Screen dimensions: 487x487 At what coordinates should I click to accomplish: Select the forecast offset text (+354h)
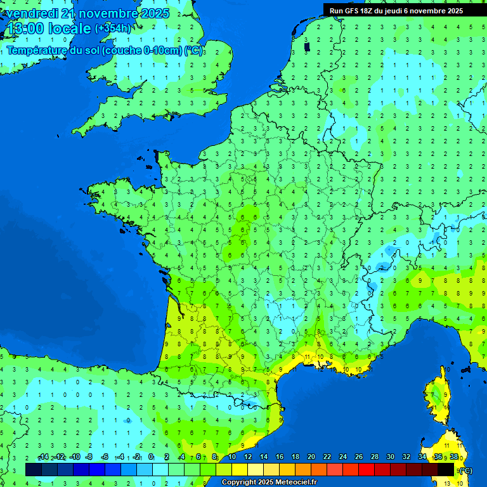(x=112, y=29)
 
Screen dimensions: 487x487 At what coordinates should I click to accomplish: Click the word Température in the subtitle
(x=37, y=51)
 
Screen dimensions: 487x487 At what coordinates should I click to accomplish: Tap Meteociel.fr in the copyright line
(x=292, y=483)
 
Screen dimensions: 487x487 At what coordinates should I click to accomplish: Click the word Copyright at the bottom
(x=240, y=483)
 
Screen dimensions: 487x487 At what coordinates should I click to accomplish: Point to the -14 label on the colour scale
(x=43, y=457)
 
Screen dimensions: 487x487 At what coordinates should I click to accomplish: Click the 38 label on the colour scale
(x=453, y=457)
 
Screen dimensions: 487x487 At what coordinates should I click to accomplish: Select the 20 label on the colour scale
(x=311, y=457)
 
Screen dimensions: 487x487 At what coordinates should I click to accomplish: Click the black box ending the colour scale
(x=446, y=469)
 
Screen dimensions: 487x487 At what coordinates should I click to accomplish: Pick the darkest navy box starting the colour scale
(x=34, y=469)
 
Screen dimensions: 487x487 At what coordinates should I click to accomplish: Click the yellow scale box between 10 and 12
(x=240, y=469)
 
